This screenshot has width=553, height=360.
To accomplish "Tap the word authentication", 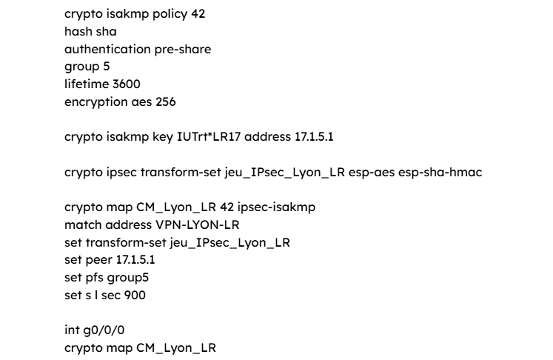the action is pyautogui.click(x=107, y=49).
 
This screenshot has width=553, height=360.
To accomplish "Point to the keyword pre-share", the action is pyautogui.click(x=183, y=50).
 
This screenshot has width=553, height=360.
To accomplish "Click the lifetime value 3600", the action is pyautogui.click(x=127, y=84).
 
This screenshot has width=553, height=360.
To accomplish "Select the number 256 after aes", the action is pyautogui.click(x=166, y=101).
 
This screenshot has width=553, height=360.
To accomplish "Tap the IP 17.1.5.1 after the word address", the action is pyautogui.click(x=314, y=136).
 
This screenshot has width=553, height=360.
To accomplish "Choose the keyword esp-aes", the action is pyautogui.click(x=372, y=173).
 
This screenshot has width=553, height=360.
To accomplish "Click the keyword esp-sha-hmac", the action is pyautogui.click(x=440, y=173).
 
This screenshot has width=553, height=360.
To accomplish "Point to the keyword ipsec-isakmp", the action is pyautogui.click(x=277, y=207).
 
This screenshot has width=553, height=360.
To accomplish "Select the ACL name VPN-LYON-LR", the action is pyautogui.click(x=198, y=225).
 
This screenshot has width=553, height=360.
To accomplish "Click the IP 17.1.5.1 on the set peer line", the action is pyautogui.click(x=135, y=260).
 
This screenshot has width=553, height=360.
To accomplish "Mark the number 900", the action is pyautogui.click(x=135, y=295).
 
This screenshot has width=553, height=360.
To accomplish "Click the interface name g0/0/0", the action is pyautogui.click(x=104, y=330).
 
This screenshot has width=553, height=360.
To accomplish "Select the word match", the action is pyautogui.click(x=83, y=225).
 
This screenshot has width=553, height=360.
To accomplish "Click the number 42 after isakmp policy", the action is pyautogui.click(x=198, y=14).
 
